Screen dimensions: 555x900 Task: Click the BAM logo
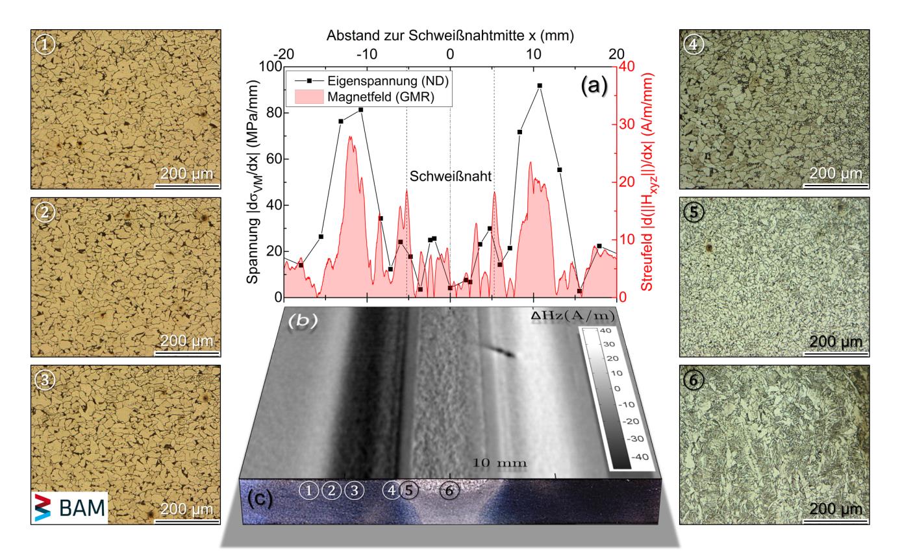pos(69,508)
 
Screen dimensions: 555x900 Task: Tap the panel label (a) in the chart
pos(593,84)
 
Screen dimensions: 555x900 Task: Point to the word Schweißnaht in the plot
pos(450,176)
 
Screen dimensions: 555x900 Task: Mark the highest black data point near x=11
pos(540,86)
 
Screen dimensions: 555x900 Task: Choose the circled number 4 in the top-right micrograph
pos(695,45)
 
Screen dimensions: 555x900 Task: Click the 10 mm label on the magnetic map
pos(499,462)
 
